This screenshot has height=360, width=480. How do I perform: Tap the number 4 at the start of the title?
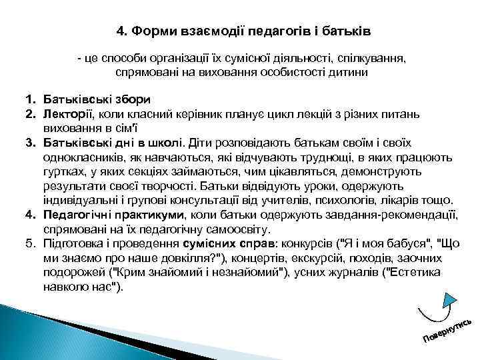(121, 31)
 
